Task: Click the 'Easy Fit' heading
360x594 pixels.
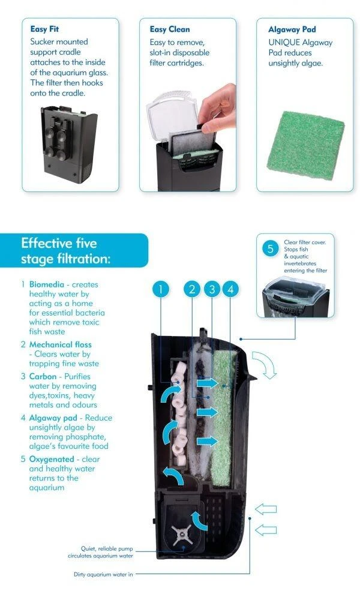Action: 44,29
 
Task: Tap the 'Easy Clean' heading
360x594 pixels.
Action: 170,29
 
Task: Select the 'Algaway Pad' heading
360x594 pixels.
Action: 292,29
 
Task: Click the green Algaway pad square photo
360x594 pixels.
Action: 305,146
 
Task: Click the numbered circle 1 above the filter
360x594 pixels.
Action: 161,289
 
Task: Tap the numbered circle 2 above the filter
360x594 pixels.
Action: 192,289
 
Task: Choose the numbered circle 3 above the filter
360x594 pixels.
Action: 212,289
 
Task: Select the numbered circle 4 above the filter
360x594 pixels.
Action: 230,289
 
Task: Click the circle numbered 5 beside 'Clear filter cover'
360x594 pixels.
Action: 270,248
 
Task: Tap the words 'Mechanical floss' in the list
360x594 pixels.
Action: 60,345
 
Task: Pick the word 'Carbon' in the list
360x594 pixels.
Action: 43,377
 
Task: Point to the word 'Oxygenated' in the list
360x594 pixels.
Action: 52,460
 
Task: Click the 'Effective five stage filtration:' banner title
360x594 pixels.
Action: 65,251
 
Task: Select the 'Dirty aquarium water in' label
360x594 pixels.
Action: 103,574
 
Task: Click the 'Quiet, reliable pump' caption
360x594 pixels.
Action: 107,548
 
